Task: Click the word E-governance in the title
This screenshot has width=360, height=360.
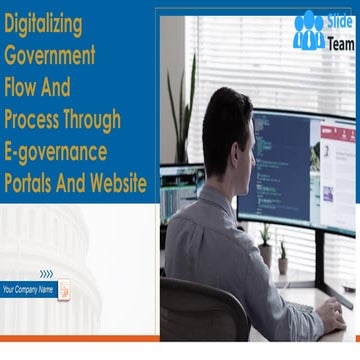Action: click(64, 151)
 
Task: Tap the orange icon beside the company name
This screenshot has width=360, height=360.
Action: click(63, 290)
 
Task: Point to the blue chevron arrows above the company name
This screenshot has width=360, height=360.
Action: click(46, 273)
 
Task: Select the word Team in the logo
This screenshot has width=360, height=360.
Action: click(341, 44)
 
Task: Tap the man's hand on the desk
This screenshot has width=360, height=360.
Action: click(330, 320)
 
